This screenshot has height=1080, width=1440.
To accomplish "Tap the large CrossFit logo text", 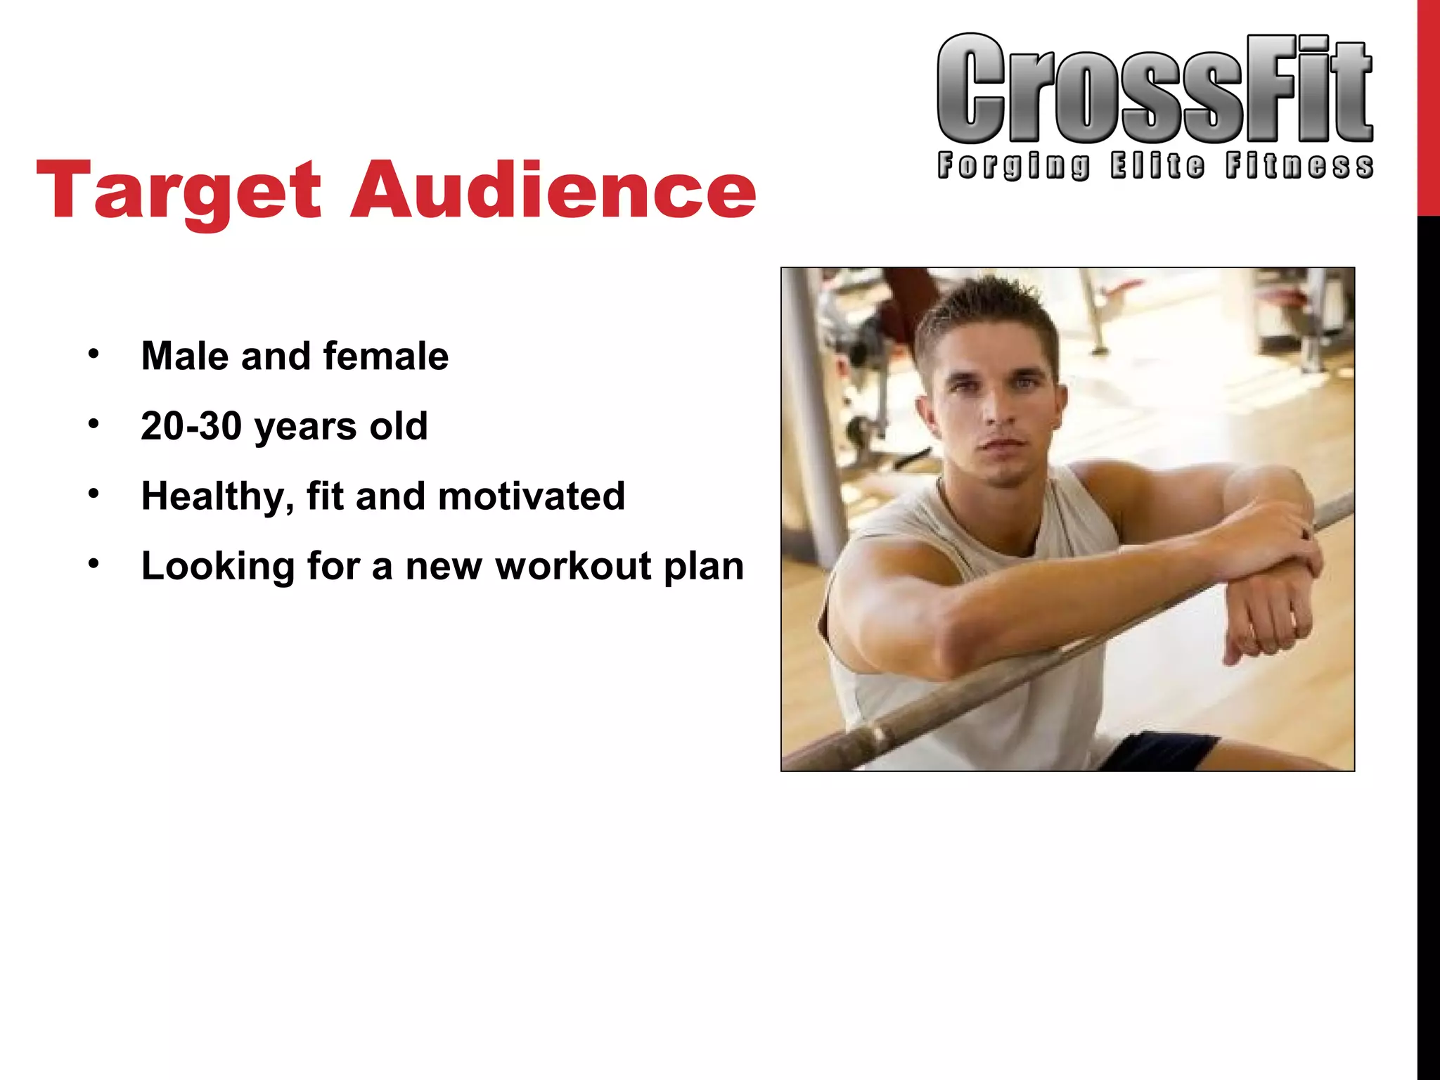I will [1155, 90].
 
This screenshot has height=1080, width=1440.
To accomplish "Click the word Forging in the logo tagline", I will [1014, 166].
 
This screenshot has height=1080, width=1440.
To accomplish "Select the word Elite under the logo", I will [1157, 166].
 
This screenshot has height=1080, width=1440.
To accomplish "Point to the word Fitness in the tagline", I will [1299, 166].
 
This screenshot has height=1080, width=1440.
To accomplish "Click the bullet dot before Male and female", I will [94, 354].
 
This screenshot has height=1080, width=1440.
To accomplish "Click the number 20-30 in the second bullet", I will [191, 426].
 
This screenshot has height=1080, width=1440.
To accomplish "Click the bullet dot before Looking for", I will [94, 564].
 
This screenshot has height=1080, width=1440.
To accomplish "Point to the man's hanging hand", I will [1266, 619].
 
